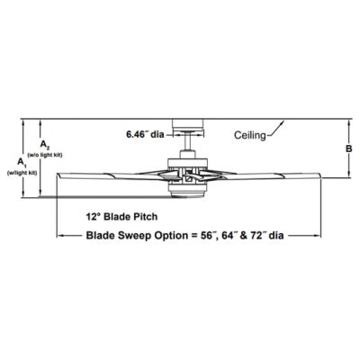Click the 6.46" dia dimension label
click(x=145, y=134)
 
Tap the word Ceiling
click(x=250, y=135)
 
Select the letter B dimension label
click(x=349, y=148)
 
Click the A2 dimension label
click(x=45, y=146)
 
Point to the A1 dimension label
click(x=22, y=162)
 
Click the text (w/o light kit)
click(x=45, y=155)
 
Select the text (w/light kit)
click(x=22, y=173)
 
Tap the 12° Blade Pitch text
click(x=121, y=217)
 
